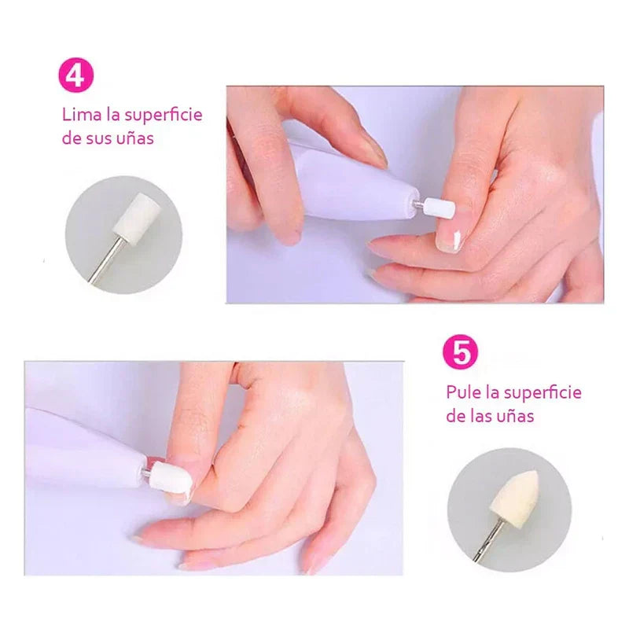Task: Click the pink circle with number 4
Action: (x=75, y=75)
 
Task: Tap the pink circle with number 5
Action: (x=461, y=352)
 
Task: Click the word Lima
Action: (x=82, y=115)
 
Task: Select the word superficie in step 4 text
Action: (x=164, y=116)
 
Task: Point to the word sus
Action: (x=100, y=139)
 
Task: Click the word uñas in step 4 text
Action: (x=136, y=138)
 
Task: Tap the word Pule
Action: (x=463, y=392)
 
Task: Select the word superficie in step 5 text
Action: (x=543, y=392)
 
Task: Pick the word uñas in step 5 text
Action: (x=514, y=416)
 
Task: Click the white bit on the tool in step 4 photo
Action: (x=440, y=208)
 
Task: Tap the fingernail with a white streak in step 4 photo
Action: (x=450, y=241)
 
